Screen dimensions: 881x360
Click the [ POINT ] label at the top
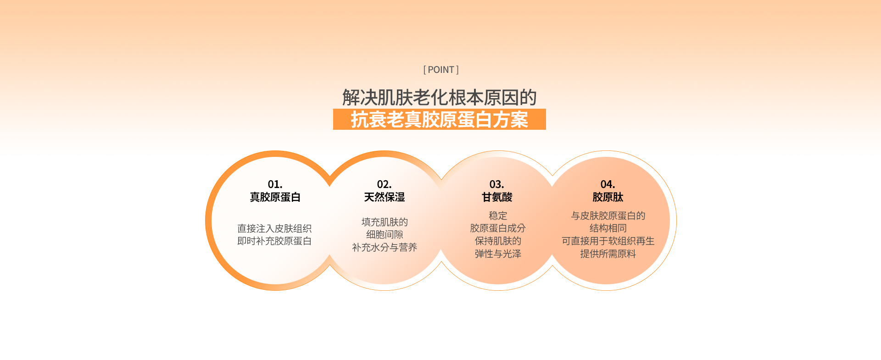440,70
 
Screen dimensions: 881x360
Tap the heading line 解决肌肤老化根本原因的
440,98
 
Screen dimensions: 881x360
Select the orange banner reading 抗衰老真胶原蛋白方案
440,119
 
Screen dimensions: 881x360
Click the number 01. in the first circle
275,184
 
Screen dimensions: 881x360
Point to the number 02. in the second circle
385,184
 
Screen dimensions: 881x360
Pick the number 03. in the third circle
497,184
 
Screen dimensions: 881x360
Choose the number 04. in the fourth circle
608,184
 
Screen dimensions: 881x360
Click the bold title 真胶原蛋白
275,197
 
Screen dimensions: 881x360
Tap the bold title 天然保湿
385,197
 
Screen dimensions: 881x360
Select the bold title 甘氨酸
497,197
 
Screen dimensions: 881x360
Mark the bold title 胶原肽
608,197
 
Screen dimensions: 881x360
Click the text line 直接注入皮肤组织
274,228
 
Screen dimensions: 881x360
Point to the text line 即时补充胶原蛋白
274,241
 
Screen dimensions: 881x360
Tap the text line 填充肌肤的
385,222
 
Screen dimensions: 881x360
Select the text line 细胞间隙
385,234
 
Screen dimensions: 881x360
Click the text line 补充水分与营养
385,247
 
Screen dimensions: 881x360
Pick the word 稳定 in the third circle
498,216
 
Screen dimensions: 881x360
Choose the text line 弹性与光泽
498,254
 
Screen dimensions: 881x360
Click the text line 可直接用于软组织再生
608,241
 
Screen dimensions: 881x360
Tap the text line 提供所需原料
608,254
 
